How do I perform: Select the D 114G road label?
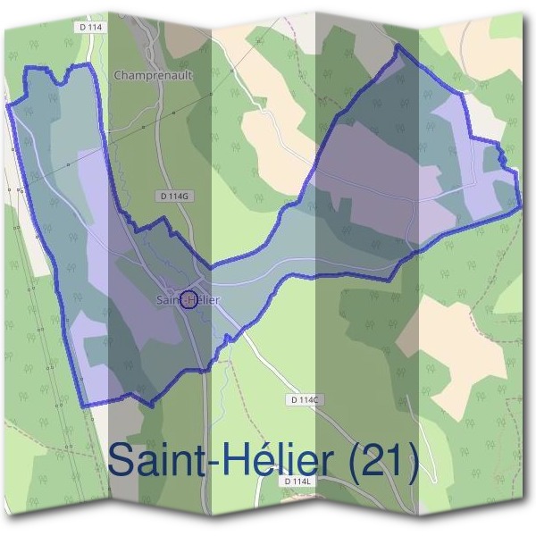(173, 196)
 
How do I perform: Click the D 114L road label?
(297, 482)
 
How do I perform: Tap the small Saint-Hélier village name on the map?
(188, 300)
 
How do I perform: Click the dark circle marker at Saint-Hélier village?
(188, 299)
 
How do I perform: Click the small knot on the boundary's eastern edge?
(502, 159)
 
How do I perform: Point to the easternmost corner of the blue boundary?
(520, 205)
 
